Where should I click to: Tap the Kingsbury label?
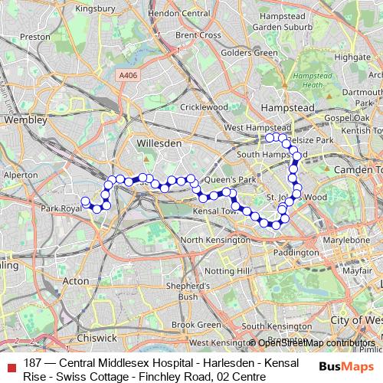[96, 9]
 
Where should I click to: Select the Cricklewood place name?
[204, 107]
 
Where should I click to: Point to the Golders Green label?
[249, 53]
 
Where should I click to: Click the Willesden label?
[158, 143]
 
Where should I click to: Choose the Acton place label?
[75, 281]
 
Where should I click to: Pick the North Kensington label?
[214, 240]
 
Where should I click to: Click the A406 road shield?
[129, 75]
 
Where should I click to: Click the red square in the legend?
[9, 364]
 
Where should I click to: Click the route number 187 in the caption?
[32, 363]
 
